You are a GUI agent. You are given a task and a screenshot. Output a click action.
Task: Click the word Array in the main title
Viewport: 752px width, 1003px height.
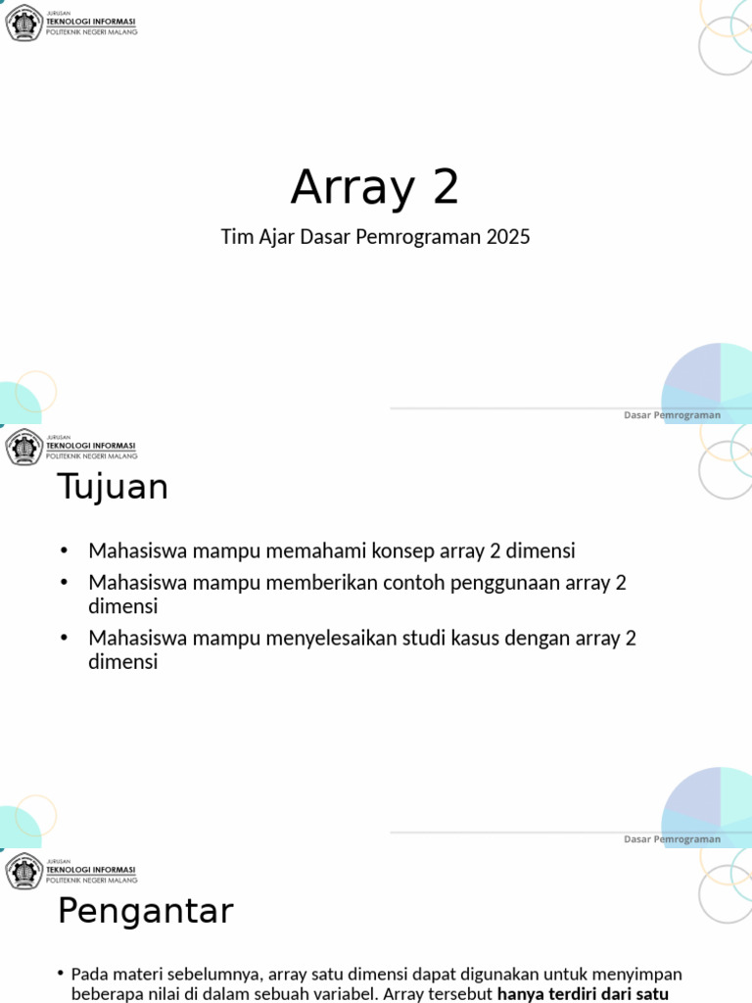pos(352,187)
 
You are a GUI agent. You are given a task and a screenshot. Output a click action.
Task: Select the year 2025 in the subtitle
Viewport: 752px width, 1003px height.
pos(508,237)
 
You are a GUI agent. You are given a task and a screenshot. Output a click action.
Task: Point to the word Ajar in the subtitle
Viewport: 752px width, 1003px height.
pos(276,237)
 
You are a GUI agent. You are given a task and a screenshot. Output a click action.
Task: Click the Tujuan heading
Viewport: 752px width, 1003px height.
pos(113,487)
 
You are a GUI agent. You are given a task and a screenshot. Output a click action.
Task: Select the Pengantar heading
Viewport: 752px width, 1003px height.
pos(146,911)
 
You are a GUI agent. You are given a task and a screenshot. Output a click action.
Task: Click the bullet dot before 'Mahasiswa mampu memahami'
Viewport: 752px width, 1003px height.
pos(64,550)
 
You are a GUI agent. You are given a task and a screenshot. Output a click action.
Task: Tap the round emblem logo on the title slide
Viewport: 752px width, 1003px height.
pos(23,23)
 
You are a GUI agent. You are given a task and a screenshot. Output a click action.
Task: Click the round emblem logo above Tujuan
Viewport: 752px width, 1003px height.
pos(23,447)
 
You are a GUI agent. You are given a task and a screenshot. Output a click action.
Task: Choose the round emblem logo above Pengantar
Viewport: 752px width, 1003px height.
pos(23,871)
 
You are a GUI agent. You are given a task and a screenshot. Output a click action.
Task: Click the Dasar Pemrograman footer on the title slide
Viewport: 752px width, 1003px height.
pos(672,415)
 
